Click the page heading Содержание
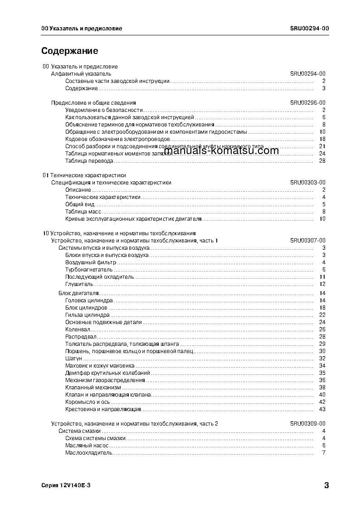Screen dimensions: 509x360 pyautogui.click(x=69, y=51)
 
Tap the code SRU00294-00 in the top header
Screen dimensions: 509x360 pyautogui.click(x=309, y=29)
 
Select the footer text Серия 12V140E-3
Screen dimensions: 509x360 pyautogui.click(x=66, y=485)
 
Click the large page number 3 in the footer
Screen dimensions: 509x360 pyautogui.click(x=326, y=485)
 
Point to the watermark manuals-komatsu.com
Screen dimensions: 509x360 pyautogui.click(x=221, y=151)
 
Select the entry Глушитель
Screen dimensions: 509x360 pyautogui.click(x=79, y=284)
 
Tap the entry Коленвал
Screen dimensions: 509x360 pyautogui.click(x=78, y=330)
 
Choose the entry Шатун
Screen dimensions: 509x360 pyautogui.click(x=73, y=359)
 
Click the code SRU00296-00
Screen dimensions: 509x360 pyautogui.click(x=307, y=103)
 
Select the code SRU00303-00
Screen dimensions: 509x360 pyautogui.click(x=307, y=183)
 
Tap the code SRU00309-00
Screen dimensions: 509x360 pyautogui.click(x=307, y=424)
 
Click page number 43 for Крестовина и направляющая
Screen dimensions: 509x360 pyautogui.click(x=322, y=409)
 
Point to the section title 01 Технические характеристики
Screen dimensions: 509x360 pyautogui.click(x=84, y=175)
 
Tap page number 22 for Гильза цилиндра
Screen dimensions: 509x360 pyautogui.click(x=322, y=315)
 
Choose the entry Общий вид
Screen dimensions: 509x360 pyautogui.click(x=80, y=204)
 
